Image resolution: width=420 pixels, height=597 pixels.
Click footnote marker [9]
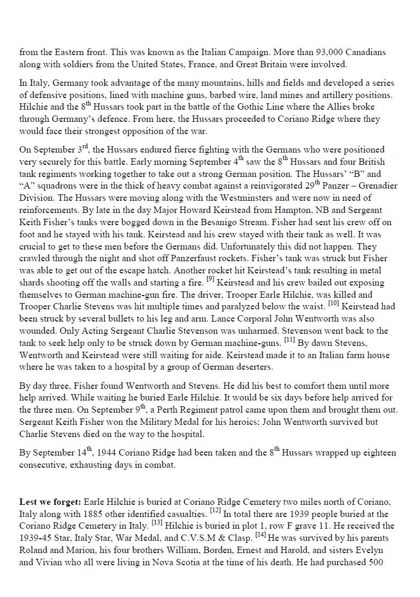pyautogui.click(x=210, y=279)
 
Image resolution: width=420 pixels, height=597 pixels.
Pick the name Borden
pyautogui.click(x=204, y=550)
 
